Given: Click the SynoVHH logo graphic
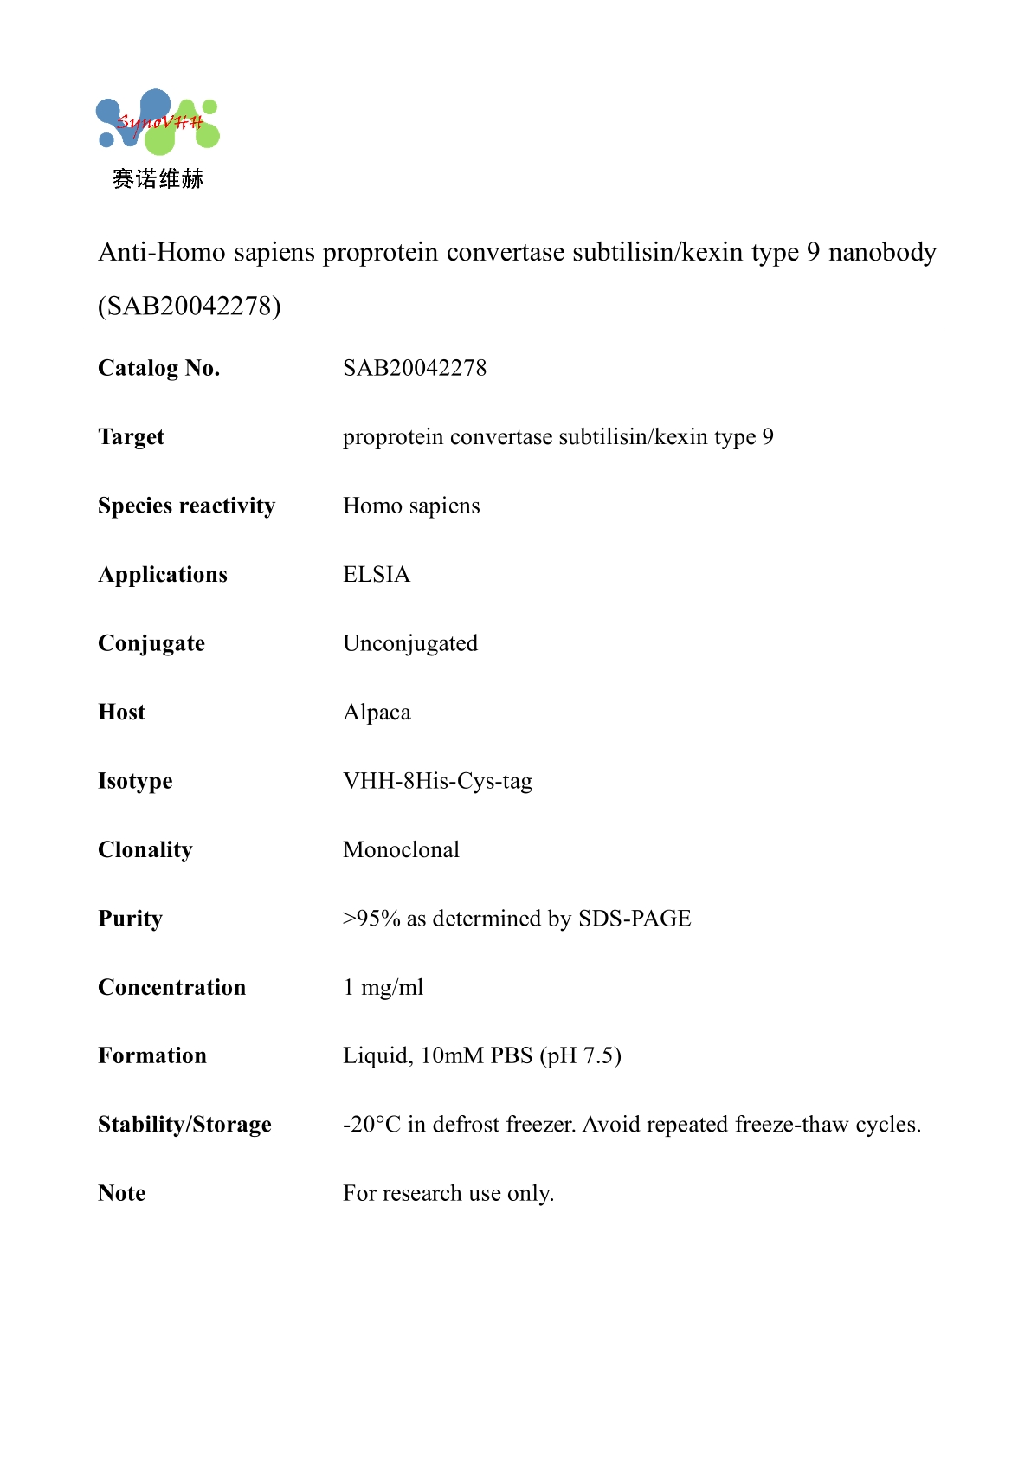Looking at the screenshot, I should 157,121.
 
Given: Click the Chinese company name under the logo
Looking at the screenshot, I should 158,179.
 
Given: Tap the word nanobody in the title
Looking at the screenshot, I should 882,252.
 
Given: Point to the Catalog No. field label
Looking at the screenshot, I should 158,368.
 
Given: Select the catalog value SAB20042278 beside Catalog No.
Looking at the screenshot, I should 415,368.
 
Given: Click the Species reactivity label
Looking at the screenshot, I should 186,506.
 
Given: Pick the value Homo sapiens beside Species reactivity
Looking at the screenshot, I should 411,506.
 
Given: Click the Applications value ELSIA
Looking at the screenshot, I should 377,575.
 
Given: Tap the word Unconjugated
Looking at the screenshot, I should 410,643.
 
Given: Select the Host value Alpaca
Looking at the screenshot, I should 377,713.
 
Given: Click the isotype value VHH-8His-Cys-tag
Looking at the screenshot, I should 437,781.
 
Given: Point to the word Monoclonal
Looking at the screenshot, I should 401,849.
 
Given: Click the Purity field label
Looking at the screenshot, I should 130,919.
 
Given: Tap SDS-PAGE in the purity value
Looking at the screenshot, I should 635,919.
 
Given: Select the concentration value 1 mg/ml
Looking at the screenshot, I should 383,987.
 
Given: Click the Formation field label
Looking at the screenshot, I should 152,1055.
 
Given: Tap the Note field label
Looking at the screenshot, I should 122,1193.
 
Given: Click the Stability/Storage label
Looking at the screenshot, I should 184,1125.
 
